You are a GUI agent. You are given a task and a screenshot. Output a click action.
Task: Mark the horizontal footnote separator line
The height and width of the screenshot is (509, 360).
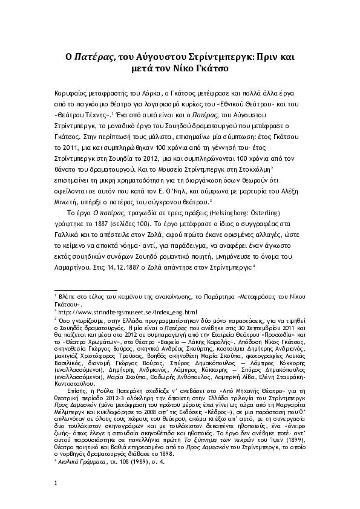(x=81, y=291)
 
